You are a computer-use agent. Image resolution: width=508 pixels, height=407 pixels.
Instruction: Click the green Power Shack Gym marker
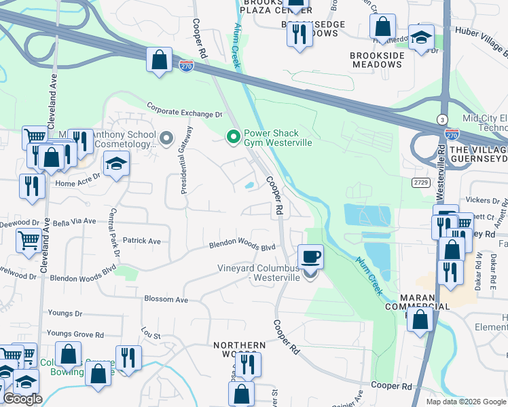click(x=234, y=138)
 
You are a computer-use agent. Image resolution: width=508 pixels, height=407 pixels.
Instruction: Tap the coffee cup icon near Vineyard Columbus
click(x=310, y=256)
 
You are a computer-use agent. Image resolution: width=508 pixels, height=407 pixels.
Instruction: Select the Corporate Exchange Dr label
click(x=185, y=110)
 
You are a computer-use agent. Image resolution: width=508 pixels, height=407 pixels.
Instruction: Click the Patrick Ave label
click(x=141, y=241)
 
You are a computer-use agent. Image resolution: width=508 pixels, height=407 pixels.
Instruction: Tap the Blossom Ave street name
click(x=166, y=299)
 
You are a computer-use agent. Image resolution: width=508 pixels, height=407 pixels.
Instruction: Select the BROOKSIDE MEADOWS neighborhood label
click(x=376, y=59)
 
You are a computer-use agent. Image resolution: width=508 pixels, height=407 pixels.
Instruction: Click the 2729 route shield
click(x=421, y=182)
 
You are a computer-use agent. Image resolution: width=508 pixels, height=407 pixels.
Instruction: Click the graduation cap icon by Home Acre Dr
click(x=116, y=163)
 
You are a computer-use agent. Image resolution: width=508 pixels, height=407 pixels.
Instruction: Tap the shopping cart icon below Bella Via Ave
click(x=29, y=239)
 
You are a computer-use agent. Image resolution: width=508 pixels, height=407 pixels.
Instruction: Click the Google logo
click(x=22, y=399)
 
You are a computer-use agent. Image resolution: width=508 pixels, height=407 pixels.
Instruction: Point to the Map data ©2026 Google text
click(x=465, y=402)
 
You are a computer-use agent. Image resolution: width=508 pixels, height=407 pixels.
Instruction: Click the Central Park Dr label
click(x=112, y=237)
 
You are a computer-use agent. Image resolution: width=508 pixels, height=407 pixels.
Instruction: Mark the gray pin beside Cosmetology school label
click(x=165, y=138)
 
